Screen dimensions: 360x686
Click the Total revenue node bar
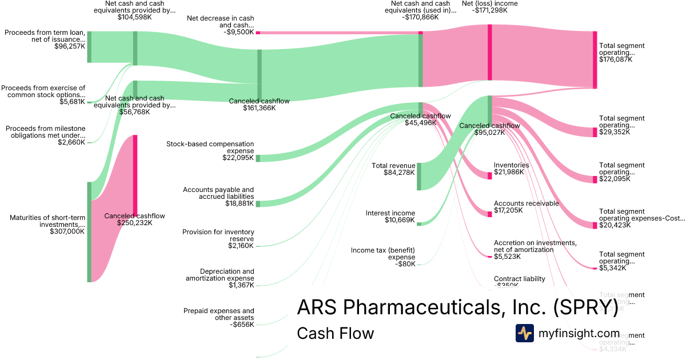pyautogui.click(x=419, y=176)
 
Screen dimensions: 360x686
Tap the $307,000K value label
pyautogui.click(x=67, y=231)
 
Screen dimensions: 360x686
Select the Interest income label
pyautogui.click(x=390, y=213)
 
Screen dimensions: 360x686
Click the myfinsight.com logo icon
pyautogui.click(x=524, y=333)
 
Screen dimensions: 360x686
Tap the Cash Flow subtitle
pyautogui.click(x=335, y=333)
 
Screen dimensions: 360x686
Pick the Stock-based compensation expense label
pyautogui.click(x=210, y=147)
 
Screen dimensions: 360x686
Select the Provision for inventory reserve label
pyautogui.click(x=218, y=235)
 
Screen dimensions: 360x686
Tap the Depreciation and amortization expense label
pyautogui.click(x=220, y=275)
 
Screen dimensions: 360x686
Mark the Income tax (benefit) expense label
pyautogui.click(x=382, y=254)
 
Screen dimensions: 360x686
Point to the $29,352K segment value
pyautogui.click(x=615, y=132)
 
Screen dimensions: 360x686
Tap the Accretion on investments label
pyautogui.click(x=535, y=246)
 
